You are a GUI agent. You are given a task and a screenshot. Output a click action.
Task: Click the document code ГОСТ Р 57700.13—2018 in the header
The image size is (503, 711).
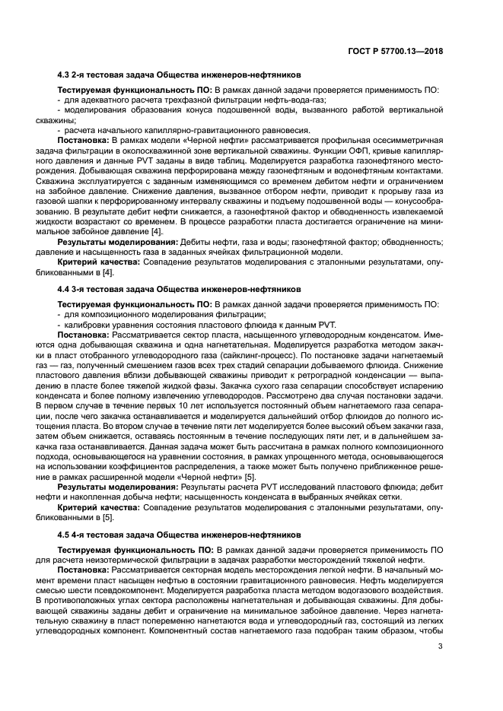pos(396,51)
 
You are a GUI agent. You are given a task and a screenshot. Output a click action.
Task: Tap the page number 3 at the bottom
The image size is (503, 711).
pos(441,668)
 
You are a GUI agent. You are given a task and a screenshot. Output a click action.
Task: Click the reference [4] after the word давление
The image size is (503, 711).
pos(156,231)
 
